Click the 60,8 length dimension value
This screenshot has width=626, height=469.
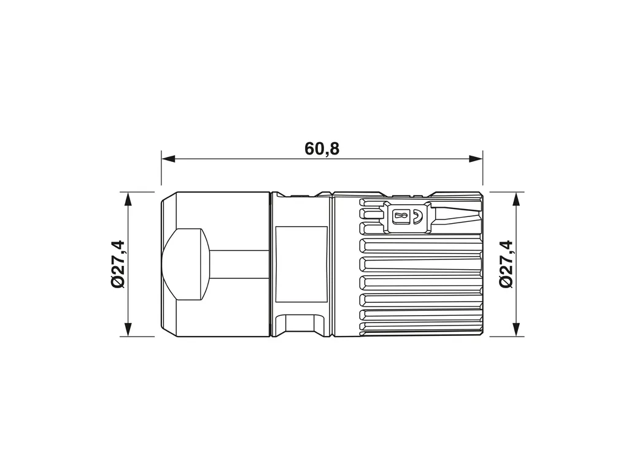pyautogui.click(x=322, y=149)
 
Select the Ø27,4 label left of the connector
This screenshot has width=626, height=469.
pyautogui.click(x=118, y=264)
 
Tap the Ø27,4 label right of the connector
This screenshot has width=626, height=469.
pyautogui.click(x=506, y=264)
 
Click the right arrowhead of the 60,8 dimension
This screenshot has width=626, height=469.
pyautogui.click(x=476, y=159)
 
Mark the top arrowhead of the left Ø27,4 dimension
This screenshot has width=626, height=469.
pyautogui.click(x=128, y=199)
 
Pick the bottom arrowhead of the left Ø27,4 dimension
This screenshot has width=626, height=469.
pyautogui.click(x=128, y=329)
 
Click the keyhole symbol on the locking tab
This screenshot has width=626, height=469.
pyautogui.click(x=401, y=216)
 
